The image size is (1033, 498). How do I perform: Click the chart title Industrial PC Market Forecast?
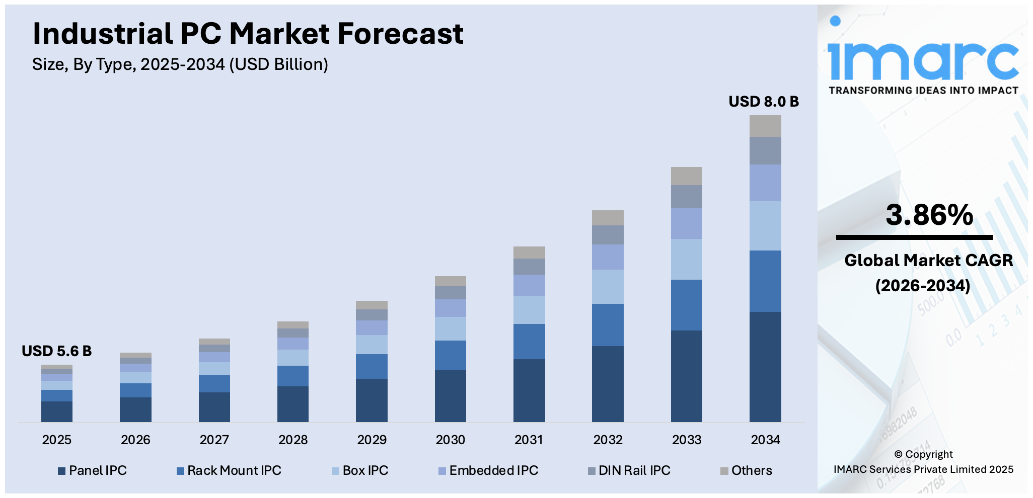click(248, 34)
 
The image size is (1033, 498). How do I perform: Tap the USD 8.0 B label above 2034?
click(763, 102)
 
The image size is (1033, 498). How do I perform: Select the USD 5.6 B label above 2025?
click(56, 351)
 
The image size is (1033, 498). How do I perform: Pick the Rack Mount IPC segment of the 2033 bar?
click(686, 305)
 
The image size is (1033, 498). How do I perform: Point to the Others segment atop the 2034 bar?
click(765, 126)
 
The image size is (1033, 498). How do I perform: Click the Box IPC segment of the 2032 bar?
click(608, 287)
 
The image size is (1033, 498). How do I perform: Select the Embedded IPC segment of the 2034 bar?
click(765, 183)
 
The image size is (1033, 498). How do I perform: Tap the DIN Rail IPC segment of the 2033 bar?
click(686, 197)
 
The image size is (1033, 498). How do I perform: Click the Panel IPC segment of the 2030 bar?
click(450, 395)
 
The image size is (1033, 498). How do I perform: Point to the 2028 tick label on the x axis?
click(292, 440)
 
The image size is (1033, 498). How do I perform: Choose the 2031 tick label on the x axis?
click(529, 440)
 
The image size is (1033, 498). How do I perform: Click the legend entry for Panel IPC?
click(93, 471)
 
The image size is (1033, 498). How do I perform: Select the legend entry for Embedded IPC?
click(488, 471)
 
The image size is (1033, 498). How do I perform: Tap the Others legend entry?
click(746, 471)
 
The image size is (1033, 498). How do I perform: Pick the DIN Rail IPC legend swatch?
click(592, 471)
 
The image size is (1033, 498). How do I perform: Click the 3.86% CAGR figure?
click(929, 215)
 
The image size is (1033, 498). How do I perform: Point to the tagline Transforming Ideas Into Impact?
click(923, 91)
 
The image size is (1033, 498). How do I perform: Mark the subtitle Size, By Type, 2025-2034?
click(180, 64)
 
